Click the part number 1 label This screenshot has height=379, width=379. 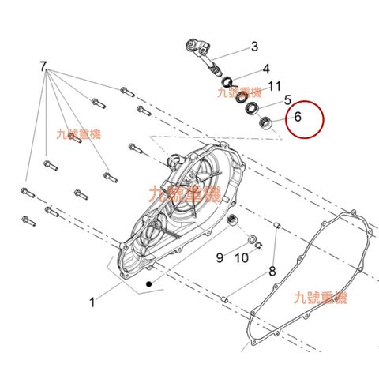(x=92, y=302)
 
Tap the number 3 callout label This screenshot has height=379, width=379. (x=254, y=47)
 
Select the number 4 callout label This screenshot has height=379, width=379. (x=266, y=69)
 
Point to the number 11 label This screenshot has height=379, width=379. (x=274, y=86)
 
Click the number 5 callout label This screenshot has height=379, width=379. (x=287, y=100)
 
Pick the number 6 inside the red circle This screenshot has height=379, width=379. (x=298, y=117)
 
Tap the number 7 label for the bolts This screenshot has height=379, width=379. (x=43, y=66)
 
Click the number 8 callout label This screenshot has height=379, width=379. (x=272, y=271)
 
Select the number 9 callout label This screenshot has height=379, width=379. (x=220, y=257)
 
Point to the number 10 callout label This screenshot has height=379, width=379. (x=242, y=258)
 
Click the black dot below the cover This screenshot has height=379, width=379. (x=149, y=284)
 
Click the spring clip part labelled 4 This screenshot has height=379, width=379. (x=229, y=82)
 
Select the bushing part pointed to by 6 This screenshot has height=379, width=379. (x=265, y=123)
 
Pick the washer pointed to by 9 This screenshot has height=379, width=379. (x=252, y=240)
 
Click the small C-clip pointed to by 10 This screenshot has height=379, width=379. (x=259, y=246)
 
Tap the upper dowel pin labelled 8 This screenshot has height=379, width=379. (x=276, y=226)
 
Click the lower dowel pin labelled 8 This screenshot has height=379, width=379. (x=225, y=299)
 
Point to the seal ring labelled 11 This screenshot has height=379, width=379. (x=241, y=98)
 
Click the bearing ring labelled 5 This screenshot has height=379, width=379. (x=252, y=108)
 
